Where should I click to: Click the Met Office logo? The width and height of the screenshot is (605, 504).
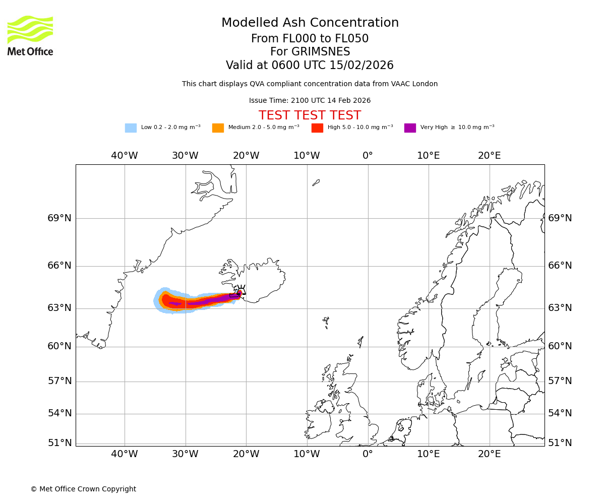click(x=30, y=35)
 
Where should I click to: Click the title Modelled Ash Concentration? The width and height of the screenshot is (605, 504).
click(x=310, y=23)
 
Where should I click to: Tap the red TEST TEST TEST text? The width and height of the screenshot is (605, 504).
click(x=310, y=115)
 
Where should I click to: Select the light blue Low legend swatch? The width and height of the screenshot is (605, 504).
click(x=131, y=128)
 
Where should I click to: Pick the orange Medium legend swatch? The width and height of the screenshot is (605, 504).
click(x=218, y=128)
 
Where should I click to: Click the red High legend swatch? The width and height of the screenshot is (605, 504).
click(x=317, y=128)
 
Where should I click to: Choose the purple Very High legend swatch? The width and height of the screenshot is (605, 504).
click(x=410, y=128)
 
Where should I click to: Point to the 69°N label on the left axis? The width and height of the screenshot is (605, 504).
click(x=59, y=218)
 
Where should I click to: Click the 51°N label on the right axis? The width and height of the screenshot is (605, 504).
click(x=560, y=443)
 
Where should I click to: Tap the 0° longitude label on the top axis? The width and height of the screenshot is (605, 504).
click(x=368, y=156)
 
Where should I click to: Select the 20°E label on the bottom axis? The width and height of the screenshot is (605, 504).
click(x=489, y=454)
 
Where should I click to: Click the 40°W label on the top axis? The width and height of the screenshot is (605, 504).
click(x=124, y=156)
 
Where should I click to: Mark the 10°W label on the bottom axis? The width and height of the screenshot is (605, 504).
click(x=307, y=454)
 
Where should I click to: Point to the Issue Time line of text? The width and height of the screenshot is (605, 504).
click(x=310, y=101)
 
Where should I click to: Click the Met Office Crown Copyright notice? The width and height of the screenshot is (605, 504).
click(x=83, y=489)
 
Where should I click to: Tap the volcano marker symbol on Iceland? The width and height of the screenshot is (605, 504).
click(x=240, y=290)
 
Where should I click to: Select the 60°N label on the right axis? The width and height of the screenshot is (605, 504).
click(x=560, y=346)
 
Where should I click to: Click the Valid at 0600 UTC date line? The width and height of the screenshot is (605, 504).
click(x=310, y=66)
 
